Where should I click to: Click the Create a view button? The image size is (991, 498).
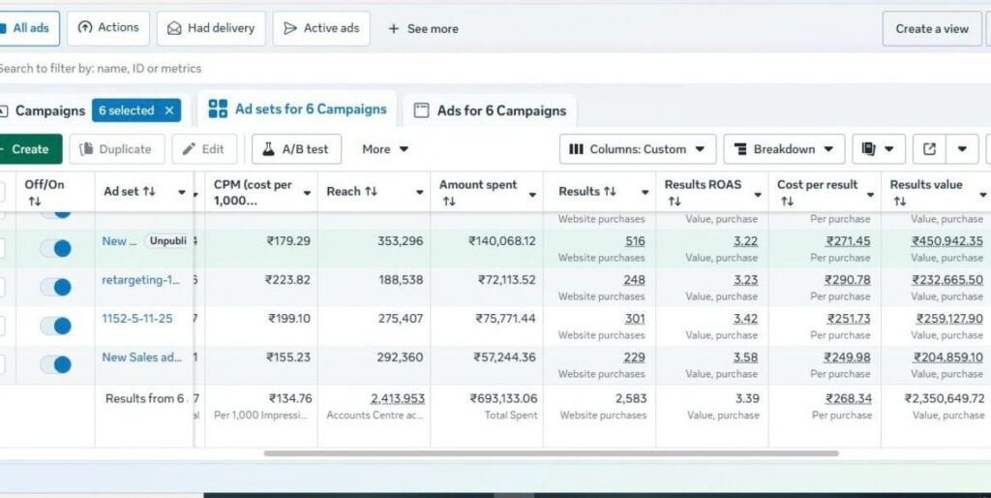tap(931, 29)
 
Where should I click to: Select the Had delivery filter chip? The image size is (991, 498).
tap(211, 29)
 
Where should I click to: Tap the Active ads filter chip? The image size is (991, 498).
tap(321, 29)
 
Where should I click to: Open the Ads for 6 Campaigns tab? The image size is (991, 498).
tap(490, 110)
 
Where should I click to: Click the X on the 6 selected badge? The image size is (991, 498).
tap(169, 110)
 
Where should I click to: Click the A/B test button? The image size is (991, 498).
tap(296, 149)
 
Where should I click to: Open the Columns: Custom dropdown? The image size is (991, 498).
tap(638, 149)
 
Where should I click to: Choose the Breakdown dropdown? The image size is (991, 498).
tap(784, 149)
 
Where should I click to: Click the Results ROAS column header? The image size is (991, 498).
tap(703, 185)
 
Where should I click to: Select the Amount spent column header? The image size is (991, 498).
tap(478, 185)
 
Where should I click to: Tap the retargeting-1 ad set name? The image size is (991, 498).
tap(141, 280)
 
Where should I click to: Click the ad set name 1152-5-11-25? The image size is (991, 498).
tap(137, 319)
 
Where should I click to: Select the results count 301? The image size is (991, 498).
tap(634, 319)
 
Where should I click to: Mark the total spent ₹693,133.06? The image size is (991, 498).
tap(503, 398)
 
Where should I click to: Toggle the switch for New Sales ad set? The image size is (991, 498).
tap(56, 364)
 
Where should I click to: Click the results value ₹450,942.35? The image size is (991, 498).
tap(946, 241)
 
